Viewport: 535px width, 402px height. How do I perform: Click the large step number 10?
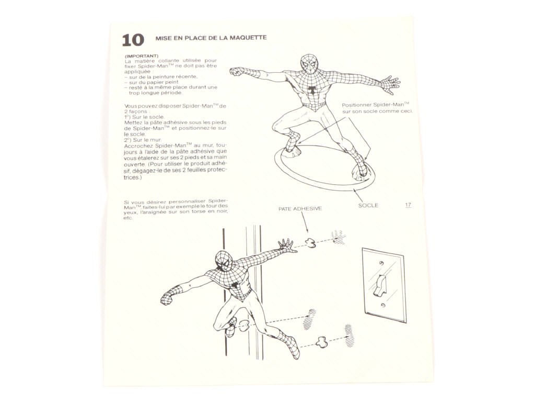pos(133,40)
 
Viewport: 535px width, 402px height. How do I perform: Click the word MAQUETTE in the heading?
pos(248,38)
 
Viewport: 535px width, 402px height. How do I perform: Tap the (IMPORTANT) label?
pos(142,55)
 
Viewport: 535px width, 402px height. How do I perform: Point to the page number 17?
pos(408,205)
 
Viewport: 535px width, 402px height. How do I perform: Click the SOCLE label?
pos(368,205)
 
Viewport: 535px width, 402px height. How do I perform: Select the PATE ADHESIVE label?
pos(300,208)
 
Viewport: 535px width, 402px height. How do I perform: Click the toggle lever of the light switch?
pos(379,285)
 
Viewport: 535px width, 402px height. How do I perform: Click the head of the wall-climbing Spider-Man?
pos(224,261)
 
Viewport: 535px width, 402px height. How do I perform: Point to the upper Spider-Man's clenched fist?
pos(237,72)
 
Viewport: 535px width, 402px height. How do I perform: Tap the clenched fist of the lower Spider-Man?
pos(168,298)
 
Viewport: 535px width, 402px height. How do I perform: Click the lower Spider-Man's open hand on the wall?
pos(286,245)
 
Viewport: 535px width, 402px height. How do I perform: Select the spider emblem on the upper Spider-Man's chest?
pos(311,89)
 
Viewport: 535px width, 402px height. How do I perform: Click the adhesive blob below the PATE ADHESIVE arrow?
pos(310,242)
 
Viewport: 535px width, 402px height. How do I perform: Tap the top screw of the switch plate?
pos(382,263)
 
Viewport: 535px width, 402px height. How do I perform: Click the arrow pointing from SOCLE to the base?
pos(358,195)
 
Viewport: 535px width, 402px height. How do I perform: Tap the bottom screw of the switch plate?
pos(383,305)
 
